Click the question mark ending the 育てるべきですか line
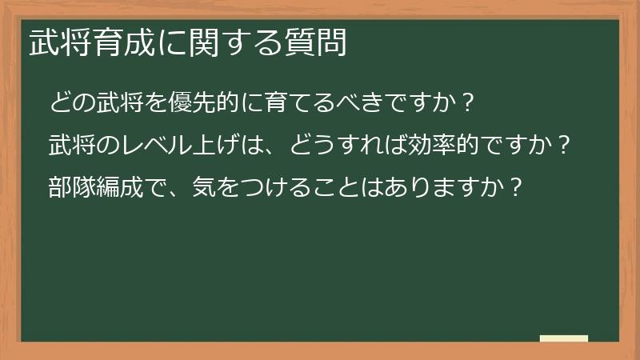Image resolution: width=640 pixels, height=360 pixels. [470, 104]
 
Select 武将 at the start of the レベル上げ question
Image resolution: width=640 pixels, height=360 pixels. [73, 146]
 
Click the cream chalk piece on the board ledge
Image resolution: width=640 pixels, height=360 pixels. [564, 338]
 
